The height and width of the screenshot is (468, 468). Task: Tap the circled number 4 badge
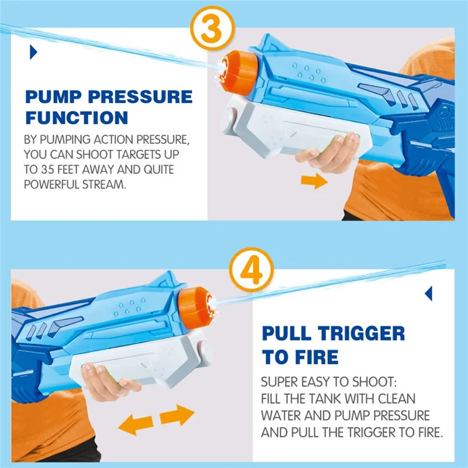[x=252, y=270]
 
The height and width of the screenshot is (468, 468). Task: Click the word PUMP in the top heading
[x=53, y=97]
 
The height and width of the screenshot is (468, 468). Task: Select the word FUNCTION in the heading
[x=77, y=118]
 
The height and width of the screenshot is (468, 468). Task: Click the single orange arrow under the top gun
[x=314, y=181]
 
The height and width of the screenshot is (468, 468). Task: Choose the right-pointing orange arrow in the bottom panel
[x=177, y=415]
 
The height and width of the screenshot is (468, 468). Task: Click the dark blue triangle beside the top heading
[x=33, y=52]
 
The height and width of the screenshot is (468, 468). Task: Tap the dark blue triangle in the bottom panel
[x=429, y=294]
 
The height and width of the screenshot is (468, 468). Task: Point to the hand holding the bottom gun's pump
[x=108, y=382]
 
